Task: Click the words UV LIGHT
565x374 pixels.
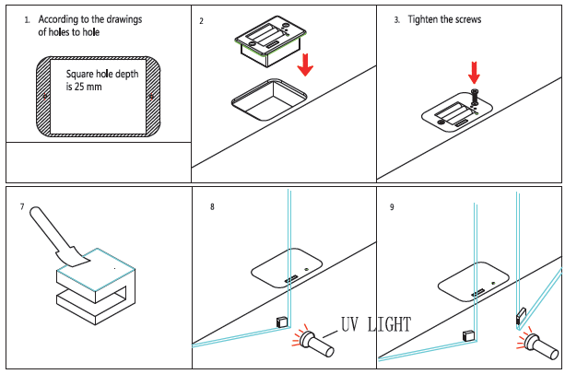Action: [x=375, y=324]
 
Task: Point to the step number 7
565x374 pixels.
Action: [x=21, y=207]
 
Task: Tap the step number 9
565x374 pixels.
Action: [x=392, y=207]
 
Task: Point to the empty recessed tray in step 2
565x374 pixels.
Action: [x=268, y=99]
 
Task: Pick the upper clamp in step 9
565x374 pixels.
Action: [x=520, y=316]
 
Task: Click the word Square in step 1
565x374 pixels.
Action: [x=82, y=74]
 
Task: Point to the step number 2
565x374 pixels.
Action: [x=201, y=20]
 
